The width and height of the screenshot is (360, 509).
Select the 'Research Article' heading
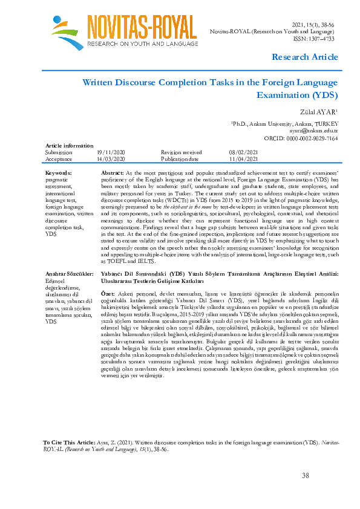click(x=305, y=57)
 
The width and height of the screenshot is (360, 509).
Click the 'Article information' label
click(x=69, y=146)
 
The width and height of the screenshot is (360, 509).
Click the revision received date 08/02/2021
click(x=243, y=153)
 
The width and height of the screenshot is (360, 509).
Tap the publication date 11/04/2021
click(x=243, y=159)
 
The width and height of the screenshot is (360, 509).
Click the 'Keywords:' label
click(x=59, y=173)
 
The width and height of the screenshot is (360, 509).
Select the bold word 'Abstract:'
click(x=113, y=173)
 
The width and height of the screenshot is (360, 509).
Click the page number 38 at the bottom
click(x=305, y=476)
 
